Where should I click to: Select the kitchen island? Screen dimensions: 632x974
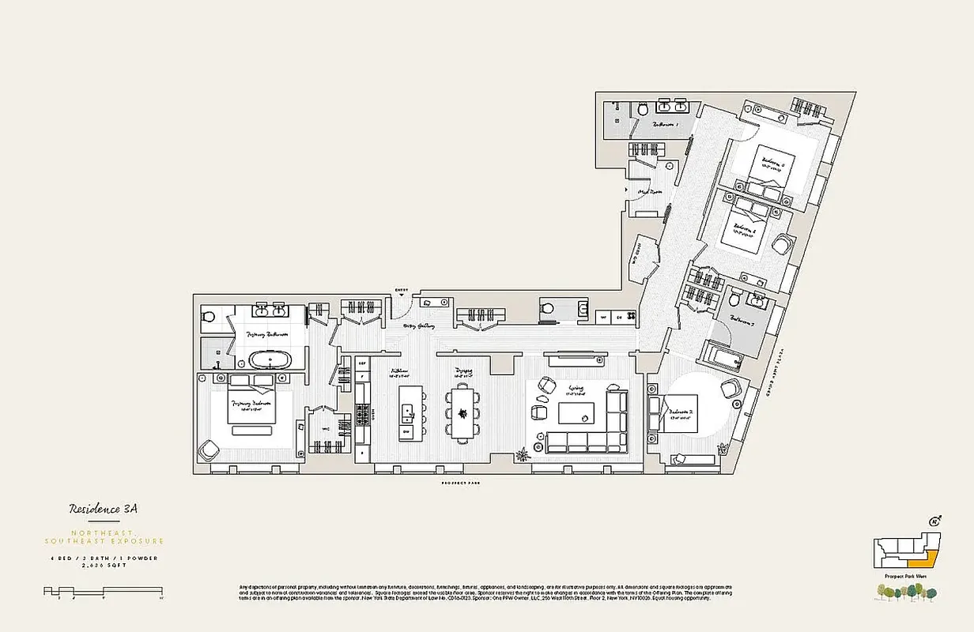coord(407,412)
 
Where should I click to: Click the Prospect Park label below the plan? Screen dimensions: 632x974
coord(462,482)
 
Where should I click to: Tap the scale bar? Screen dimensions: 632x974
coord(103,590)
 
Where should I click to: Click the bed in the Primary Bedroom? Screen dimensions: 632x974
coord(251,403)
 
